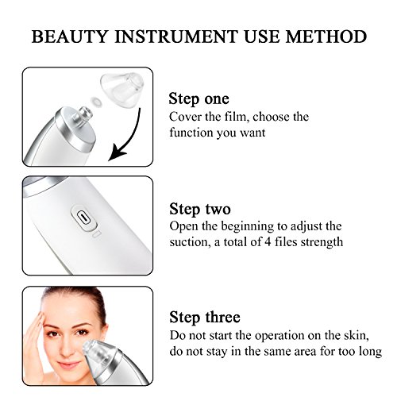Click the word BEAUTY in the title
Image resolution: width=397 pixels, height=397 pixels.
click(70, 37)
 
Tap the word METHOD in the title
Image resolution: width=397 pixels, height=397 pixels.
click(326, 37)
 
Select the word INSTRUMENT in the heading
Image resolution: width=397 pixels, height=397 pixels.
click(176, 37)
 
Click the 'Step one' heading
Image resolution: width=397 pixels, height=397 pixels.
click(199, 99)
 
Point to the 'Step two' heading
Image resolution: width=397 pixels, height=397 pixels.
click(200, 209)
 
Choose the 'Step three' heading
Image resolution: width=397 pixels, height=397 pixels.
click(205, 317)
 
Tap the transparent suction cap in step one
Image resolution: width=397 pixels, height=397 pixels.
click(121, 89)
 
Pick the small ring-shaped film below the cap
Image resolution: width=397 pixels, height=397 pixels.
click(95, 102)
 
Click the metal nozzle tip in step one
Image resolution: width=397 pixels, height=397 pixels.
click(84, 114)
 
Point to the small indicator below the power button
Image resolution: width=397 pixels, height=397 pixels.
click(97, 235)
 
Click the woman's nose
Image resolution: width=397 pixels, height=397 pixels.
click(67, 347)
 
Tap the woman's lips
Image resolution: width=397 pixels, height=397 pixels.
click(67, 364)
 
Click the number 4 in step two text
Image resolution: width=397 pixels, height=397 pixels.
click(268, 242)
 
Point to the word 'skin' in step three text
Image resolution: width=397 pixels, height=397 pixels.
click(357, 336)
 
